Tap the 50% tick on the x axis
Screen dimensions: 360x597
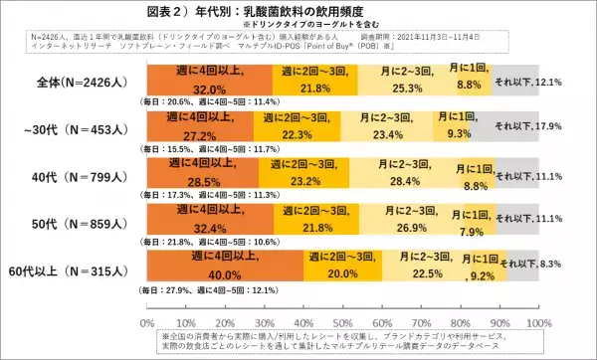click(x=343, y=323)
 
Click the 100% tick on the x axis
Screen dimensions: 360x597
click(x=538, y=323)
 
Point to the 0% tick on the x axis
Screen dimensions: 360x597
click(x=148, y=323)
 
